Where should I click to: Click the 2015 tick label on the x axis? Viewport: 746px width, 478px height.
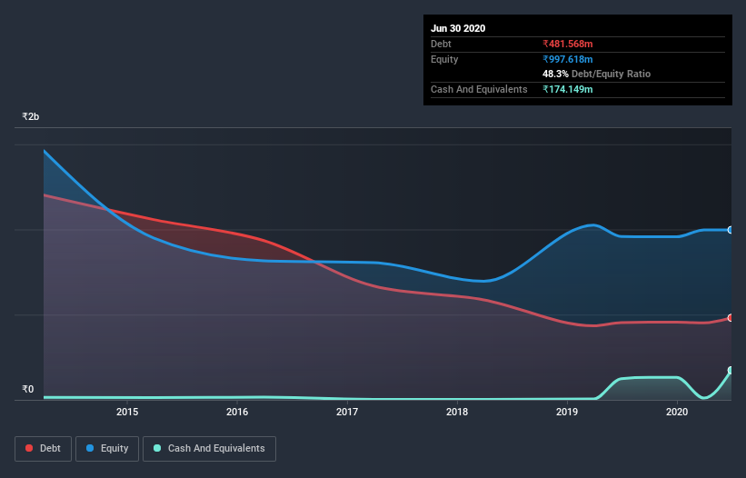pos(127,412)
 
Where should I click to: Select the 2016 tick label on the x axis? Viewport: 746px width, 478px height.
pos(237,412)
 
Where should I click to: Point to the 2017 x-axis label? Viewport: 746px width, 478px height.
pos(347,412)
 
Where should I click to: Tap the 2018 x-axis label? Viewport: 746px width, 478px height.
pos(457,412)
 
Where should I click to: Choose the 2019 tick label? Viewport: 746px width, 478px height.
pos(567,412)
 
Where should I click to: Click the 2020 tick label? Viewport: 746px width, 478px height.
pos(677,412)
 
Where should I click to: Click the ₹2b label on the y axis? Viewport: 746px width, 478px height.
pos(31,117)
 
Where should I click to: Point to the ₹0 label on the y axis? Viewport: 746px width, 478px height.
pos(28,390)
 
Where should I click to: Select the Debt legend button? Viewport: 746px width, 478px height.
pos(42,448)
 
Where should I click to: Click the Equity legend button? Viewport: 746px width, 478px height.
pos(107,448)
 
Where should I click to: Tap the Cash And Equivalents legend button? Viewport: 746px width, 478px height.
pos(209,448)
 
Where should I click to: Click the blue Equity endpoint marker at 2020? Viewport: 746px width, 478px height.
pos(730,230)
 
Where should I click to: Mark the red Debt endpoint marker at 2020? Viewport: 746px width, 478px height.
pos(730,318)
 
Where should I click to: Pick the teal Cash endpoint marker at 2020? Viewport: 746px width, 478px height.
pos(730,371)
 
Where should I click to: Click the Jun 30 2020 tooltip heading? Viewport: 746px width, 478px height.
pos(458,28)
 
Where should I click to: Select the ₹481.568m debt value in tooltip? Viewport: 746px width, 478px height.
pos(568,44)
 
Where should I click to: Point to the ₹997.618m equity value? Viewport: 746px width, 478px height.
pos(568,59)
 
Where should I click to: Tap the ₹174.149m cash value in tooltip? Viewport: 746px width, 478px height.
pos(568,89)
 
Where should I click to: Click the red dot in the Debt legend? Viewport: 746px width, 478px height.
pos(30,448)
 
